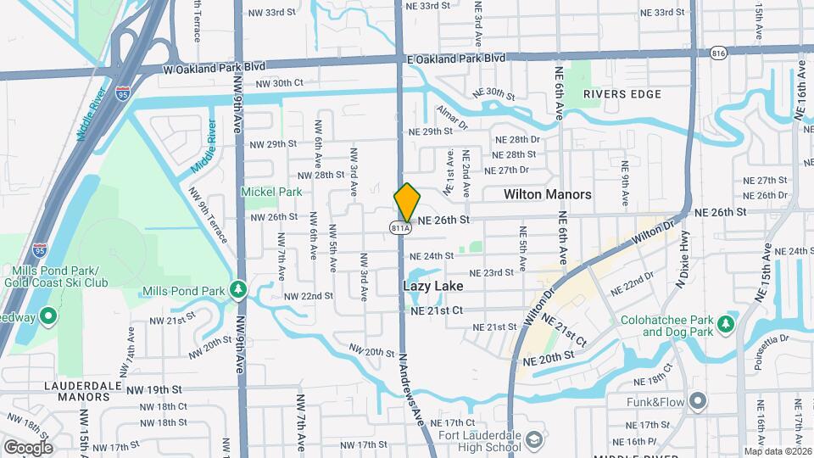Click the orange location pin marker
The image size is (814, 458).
click(407, 202)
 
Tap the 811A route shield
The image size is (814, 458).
click(400, 227)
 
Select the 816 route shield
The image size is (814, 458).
click(718, 53)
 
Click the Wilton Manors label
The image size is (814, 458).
click(547, 194)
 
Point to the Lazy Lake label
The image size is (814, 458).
click(432, 287)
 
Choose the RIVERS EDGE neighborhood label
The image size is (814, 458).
click(622, 94)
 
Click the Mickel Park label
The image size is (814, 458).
click(271, 192)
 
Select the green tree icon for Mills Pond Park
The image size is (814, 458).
click(240, 290)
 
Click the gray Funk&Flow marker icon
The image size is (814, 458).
click(698, 399)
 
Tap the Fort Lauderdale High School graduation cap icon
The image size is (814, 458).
click(534, 439)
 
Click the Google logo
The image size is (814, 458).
click(28, 447)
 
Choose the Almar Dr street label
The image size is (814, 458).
click(452, 117)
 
